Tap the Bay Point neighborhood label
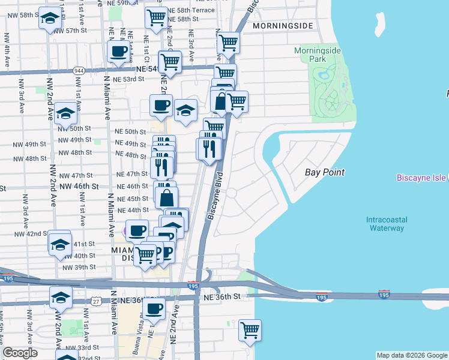coord(325,172)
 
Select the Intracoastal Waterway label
coord(385,224)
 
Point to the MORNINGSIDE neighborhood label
coord(283,26)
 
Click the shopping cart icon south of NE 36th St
coord(250,329)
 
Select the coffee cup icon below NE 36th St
coord(154,308)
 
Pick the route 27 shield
coord(96,298)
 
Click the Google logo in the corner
coord(20,353)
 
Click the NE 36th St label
coord(221,296)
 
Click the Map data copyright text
coord(411,355)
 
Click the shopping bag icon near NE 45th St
coord(166,196)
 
